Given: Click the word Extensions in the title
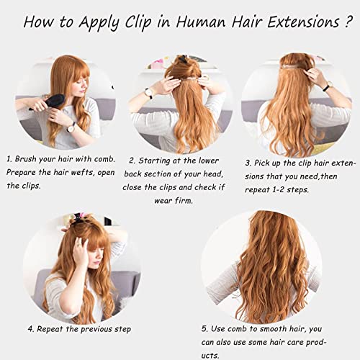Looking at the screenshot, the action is (303, 22).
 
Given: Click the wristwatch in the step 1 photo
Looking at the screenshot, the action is (71, 127).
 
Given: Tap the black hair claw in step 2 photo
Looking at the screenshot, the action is (182, 58).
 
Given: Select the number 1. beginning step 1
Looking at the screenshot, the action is (9, 159).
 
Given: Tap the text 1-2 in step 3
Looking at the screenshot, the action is (278, 189).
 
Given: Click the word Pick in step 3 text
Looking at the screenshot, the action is (261, 163).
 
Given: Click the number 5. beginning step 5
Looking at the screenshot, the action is (204, 329).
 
